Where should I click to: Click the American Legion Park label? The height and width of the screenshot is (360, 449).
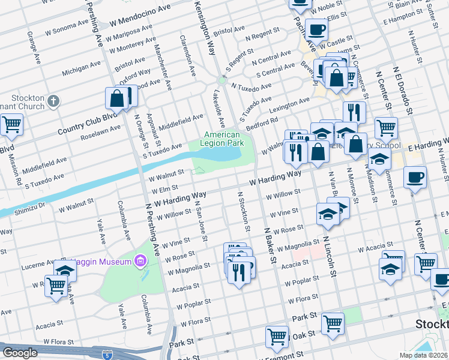click(226, 139)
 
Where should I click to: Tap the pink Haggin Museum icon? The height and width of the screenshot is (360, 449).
click(140, 261)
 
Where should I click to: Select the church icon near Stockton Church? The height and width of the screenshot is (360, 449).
click(54, 101)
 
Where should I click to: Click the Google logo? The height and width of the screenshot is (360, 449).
click(20, 353)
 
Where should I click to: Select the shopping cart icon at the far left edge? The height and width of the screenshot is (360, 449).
click(11, 125)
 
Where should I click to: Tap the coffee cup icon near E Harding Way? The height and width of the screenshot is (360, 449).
click(414, 177)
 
